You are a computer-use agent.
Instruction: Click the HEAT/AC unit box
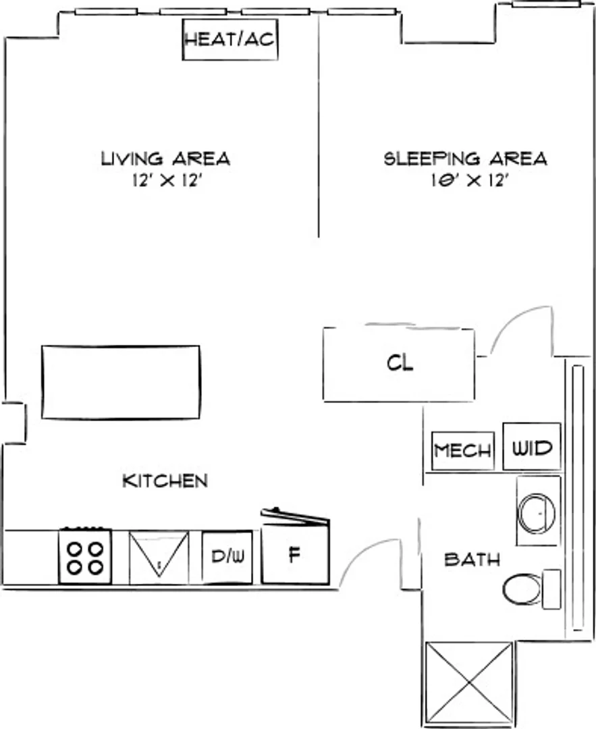(230, 40)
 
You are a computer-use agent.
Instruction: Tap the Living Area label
(165, 159)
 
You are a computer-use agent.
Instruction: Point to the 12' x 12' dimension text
(167, 180)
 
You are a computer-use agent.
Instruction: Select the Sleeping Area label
(465, 159)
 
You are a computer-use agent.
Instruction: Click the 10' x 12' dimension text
(468, 180)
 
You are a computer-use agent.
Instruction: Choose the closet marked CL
(399, 364)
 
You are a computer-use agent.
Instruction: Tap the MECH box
(462, 450)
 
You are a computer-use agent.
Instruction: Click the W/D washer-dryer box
(532, 446)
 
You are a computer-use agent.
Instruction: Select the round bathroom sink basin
(537, 513)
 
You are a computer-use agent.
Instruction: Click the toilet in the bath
(531, 589)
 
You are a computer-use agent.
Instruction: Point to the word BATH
(472, 560)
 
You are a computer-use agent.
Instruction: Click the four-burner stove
(85, 556)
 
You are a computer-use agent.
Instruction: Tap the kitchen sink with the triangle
(159, 557)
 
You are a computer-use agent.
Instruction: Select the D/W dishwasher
(227, 557)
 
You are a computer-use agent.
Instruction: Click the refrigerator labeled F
(295, 553)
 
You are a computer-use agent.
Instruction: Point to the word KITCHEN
(165, 481)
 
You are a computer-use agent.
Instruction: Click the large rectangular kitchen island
(121, 382)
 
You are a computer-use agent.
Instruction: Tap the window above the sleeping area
(547, 4)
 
